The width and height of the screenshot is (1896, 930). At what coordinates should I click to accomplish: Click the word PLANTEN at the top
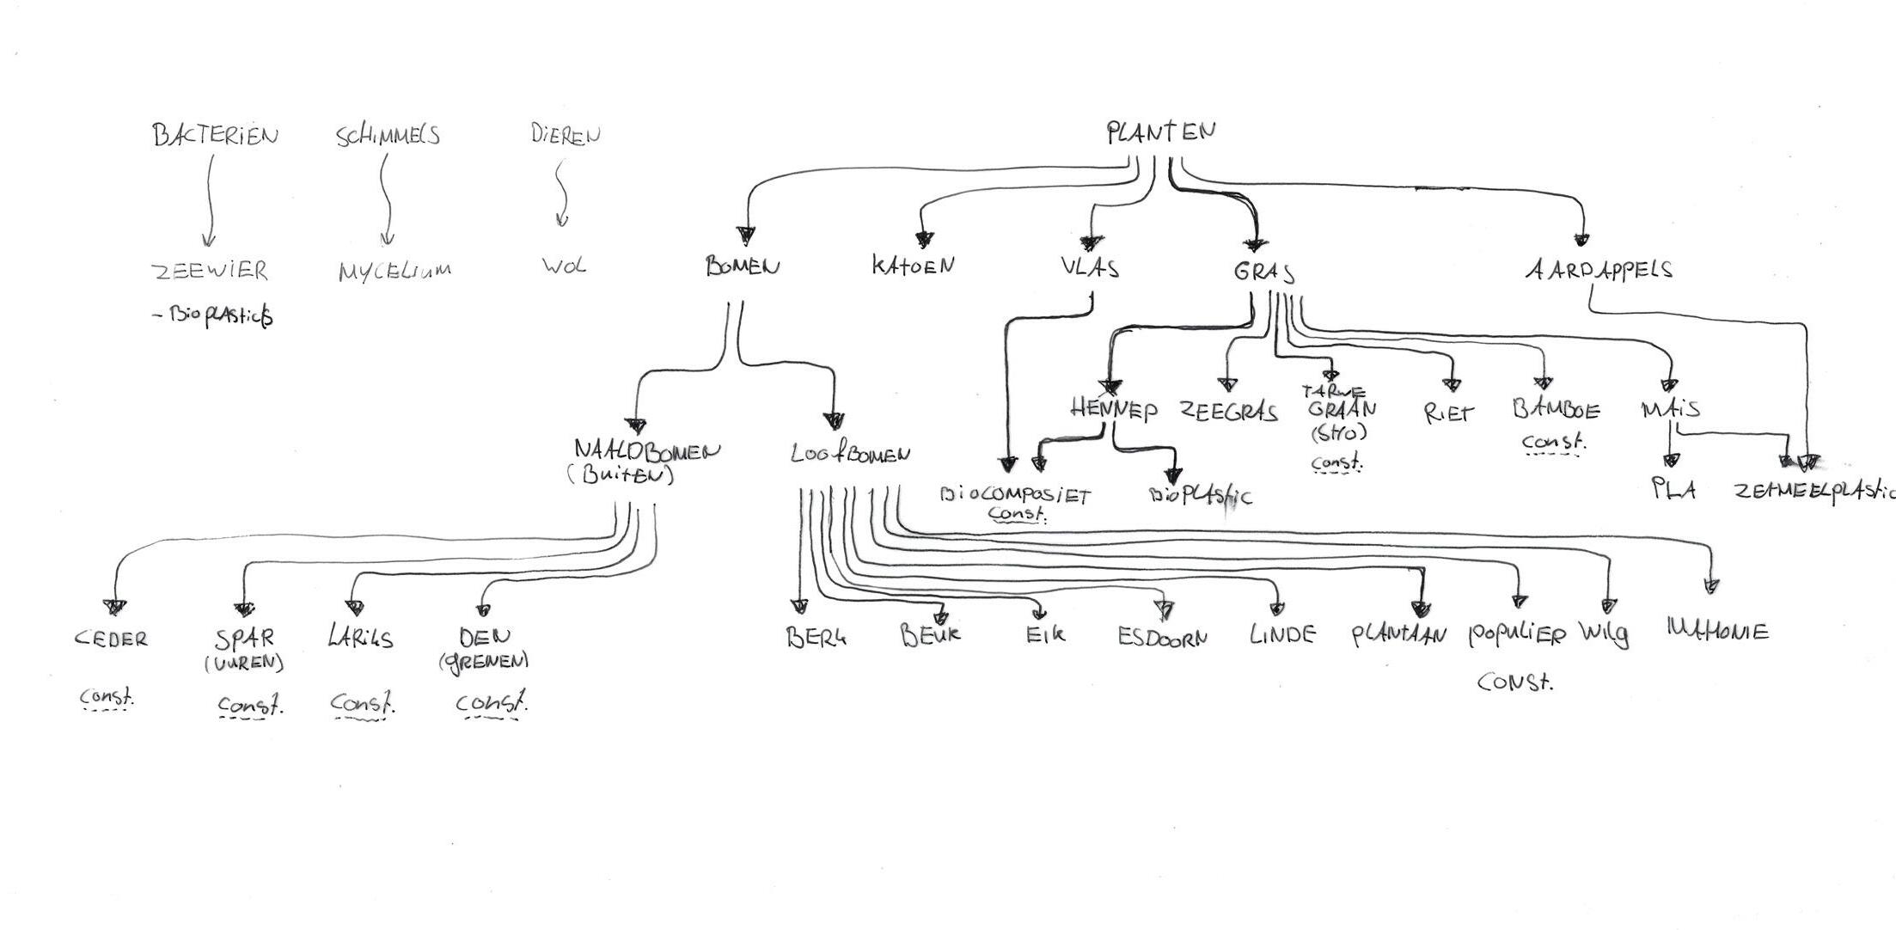click(x=1160, y=132)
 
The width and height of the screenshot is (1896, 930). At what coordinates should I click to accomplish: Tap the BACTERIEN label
click(x=216, y=136)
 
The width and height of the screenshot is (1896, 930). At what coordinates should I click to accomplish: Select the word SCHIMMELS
click(x=388, y=136)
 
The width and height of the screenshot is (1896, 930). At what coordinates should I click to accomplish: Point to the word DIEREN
click(x=566, y=135)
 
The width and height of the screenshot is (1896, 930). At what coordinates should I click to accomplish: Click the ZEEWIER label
click(x=211, y=271)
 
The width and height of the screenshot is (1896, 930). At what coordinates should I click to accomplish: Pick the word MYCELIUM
click(x=394, y=272)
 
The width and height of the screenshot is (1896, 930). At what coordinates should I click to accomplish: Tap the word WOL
click(x=564, y=266)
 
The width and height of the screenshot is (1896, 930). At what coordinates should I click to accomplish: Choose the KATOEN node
click(x=913, y=266)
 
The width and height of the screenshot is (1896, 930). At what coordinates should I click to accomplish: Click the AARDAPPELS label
click(x=1599, y=270)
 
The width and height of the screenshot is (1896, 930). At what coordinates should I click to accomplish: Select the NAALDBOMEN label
click(x=647, y=450)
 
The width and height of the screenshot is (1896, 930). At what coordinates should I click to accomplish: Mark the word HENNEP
click(x=1114, y=408)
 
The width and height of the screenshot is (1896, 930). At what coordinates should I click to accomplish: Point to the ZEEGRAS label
click(x=1228, y=412)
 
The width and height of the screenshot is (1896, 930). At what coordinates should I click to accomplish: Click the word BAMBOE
click(x=1557, y=409)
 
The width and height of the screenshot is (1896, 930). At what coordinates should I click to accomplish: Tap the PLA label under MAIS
click(x=1673, y=490)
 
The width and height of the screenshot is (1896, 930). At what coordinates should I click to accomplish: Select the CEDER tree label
click(x=112, y=639)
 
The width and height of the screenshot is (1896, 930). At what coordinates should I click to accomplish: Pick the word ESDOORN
click(x=1162, y=638)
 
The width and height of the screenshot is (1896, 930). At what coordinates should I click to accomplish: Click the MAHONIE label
click(x=1717, y=632)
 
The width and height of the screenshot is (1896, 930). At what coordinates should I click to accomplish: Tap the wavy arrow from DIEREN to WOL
click(x=561, y=194)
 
